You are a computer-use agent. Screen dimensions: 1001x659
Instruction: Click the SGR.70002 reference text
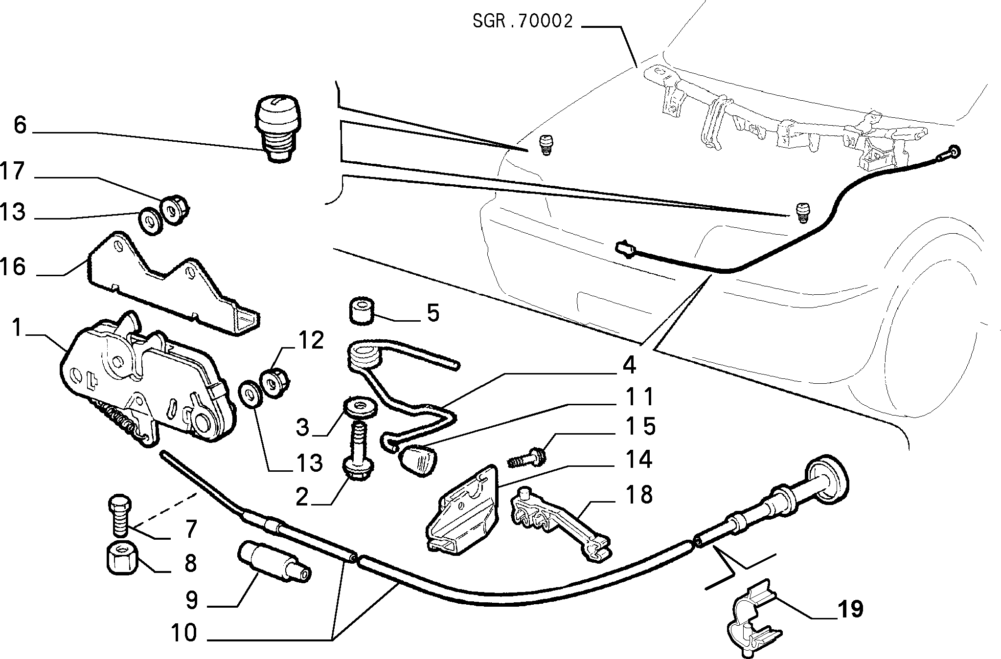click(x=523, y=21)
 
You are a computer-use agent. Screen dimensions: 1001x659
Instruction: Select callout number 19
click(x=849, y=609)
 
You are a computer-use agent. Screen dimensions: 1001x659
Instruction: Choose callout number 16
click(x=13, y=267)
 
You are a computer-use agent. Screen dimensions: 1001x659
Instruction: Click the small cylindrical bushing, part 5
click(x=361, y=308)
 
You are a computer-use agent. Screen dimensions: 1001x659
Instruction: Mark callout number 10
click(x=184, y=633)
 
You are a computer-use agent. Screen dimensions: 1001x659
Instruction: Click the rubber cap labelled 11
click(x=419, y=460)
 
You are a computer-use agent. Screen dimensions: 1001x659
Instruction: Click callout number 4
click(x=629, y=365)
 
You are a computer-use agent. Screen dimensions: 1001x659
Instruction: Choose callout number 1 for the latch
click(x=18, y=327)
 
